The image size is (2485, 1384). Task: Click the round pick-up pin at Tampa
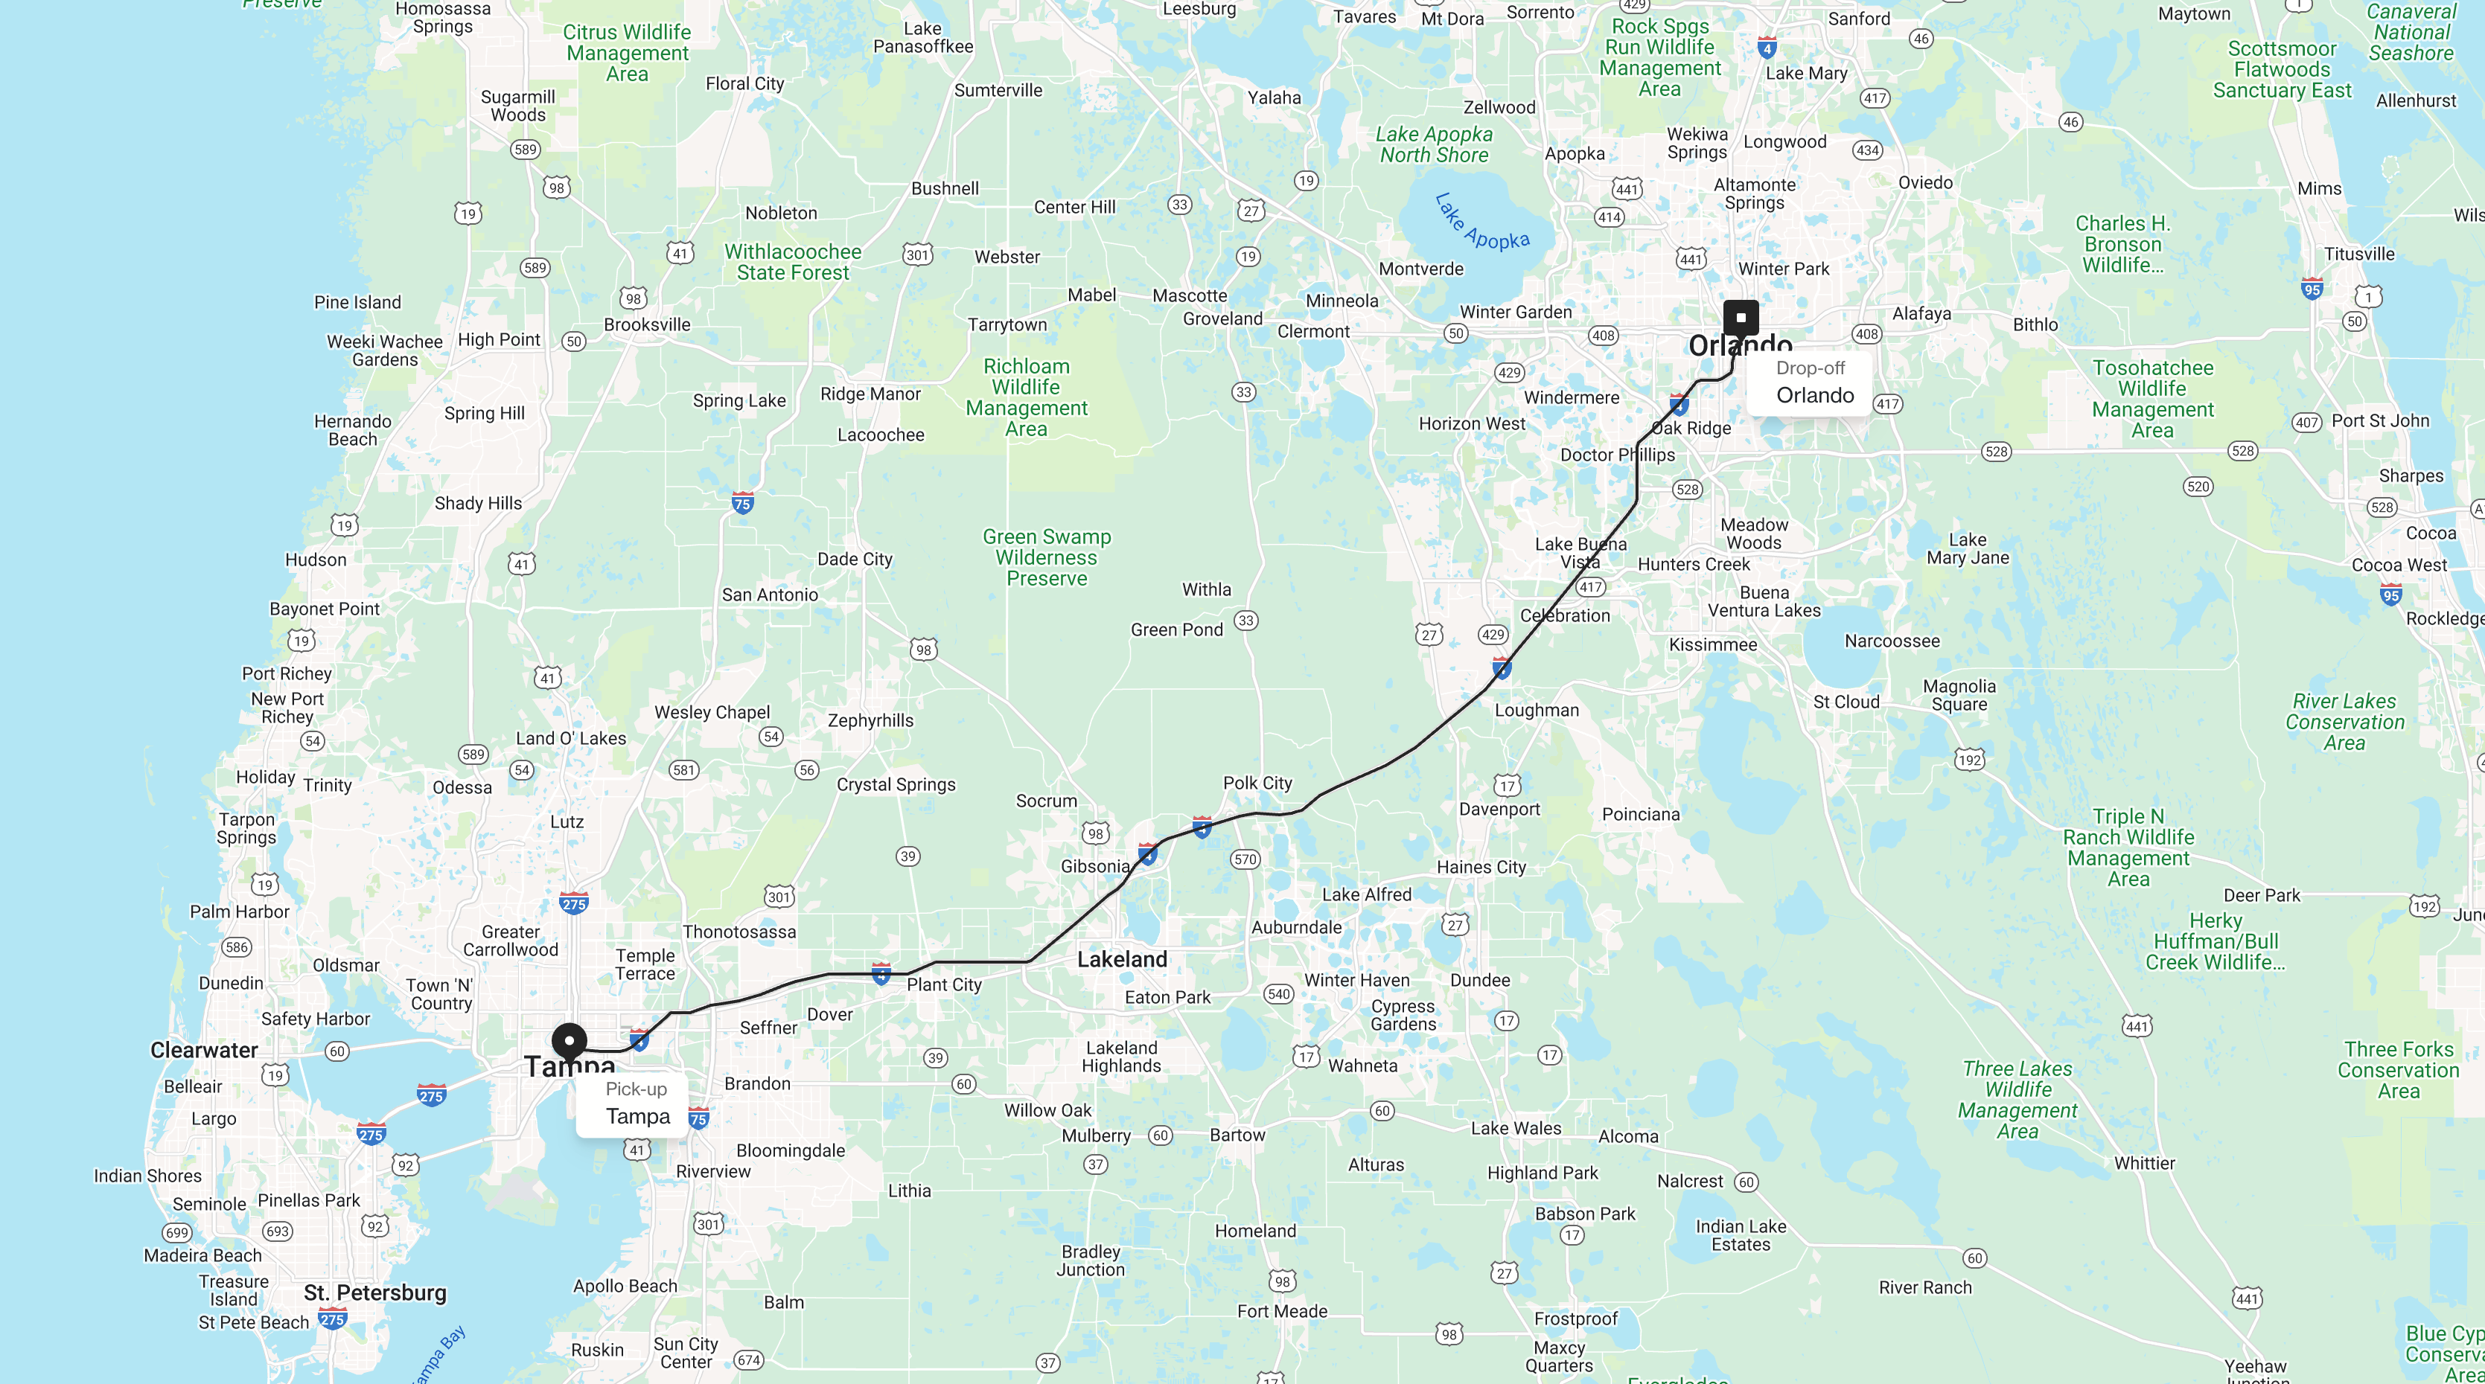pos(570,1042)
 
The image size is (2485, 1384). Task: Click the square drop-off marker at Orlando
pos(1741,316)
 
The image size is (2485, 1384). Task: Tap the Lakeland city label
pos(1122,960)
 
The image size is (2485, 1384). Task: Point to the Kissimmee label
pos(1712,644)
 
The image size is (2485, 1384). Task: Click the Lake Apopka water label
pos(1481,224)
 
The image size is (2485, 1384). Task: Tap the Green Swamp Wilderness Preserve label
pos(1047,557)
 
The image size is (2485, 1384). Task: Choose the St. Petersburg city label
pos(374,1292)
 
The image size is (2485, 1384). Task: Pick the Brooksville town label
pos(646,325)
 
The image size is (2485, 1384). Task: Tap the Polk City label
pos(1257,783)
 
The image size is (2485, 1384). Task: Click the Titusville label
pos(2358,254)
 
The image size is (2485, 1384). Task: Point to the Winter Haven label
pos(1356,980)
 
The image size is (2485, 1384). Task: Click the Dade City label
pos(855,560)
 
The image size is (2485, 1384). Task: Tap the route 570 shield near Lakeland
pos(1245,859)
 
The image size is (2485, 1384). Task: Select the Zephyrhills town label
pos(870,720)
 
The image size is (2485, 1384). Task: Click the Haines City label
pos(1481,867)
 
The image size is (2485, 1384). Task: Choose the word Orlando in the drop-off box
pos(1814,395)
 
